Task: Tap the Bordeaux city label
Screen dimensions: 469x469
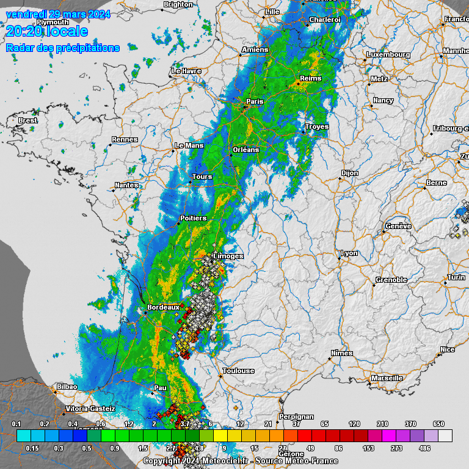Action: click(163, 307)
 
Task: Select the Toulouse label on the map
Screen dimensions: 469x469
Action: click(238, 371)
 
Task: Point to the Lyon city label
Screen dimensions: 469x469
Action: click(349, 253)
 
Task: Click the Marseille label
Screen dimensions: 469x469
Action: click(387, 378)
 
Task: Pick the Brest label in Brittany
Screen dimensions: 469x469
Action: click(28, 120)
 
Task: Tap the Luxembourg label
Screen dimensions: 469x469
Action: click(388, 54)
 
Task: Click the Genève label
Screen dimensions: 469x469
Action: click(398, 227)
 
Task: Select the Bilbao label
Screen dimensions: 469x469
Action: click(67, 387)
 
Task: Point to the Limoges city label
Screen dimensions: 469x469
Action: click(229, 256)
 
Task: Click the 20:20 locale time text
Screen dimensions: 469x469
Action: click(47, 31)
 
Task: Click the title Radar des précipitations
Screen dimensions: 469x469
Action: click(63, 48)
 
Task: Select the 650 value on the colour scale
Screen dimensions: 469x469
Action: click(438, 424)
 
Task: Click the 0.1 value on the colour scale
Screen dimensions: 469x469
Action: click(16, 424)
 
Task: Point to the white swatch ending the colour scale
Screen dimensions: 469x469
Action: click(445, 435)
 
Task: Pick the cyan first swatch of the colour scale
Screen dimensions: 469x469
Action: click(24, 435)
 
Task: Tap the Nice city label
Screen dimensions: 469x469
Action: click(448, 349)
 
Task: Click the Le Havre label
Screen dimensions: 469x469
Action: click(187, 71)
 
